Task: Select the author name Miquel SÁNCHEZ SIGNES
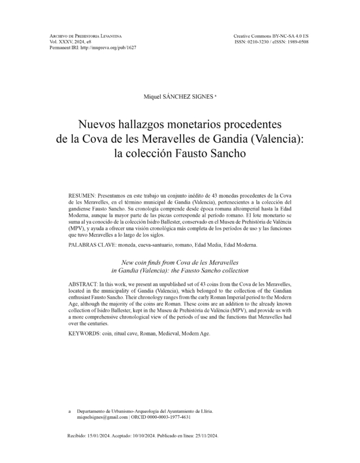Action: click(x=179, y=97)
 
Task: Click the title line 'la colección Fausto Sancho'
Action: click(x=179, y=153)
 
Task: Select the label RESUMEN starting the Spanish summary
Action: click(x=81, y=194)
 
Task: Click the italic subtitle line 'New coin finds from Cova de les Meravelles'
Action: click(x=180, y=263)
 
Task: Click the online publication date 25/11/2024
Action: click(x=203, y=437)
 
